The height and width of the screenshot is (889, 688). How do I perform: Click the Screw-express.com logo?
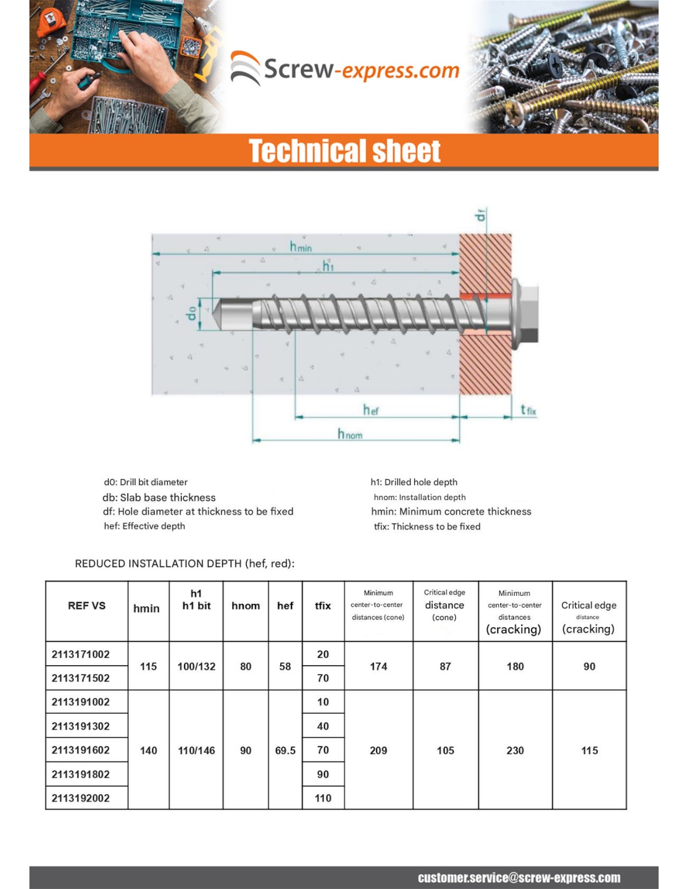click(345, 69)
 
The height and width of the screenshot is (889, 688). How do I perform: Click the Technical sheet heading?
click(345, 151)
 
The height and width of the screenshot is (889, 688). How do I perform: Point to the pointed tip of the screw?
click(217, 311)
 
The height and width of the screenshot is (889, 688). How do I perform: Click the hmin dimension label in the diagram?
click(300, 246)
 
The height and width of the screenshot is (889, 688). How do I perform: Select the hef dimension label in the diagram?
click(370, 410)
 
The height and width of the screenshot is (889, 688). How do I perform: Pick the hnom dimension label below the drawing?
click(350, 434)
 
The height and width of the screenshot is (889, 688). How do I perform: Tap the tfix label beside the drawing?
click(528, 410)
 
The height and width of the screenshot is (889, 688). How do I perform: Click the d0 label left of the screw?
click(192, 312)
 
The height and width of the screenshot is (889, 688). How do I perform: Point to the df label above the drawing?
click(480, 215)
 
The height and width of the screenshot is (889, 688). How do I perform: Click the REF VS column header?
click(86, 606)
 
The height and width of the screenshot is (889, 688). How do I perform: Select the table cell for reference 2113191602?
click(81, 750)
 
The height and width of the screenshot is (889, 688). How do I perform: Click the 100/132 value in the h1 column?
click(196, 666)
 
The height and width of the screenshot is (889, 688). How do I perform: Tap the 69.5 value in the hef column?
click(285, 750)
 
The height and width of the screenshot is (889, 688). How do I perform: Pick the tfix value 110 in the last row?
click(323, 798)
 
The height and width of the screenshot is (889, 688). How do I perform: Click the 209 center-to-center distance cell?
click(378, 750)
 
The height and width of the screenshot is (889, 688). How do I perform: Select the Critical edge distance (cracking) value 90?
click(589, 666)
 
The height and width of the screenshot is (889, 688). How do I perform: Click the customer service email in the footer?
click(519, 878)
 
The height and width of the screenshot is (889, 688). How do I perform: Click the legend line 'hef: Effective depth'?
click(144, 526)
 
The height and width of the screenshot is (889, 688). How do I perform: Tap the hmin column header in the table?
click(146, 608)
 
